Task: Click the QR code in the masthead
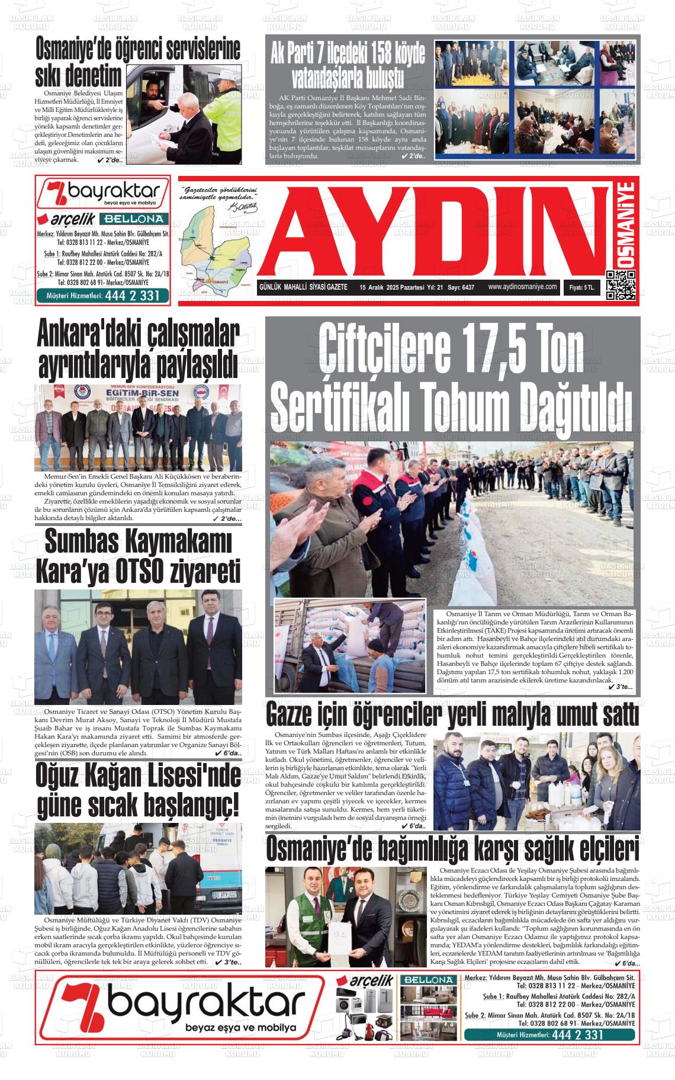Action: click(621, 286)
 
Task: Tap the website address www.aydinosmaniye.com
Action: click(522, 287)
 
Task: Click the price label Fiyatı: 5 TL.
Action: click(582, 287)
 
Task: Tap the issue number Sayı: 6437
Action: click(461, 287)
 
